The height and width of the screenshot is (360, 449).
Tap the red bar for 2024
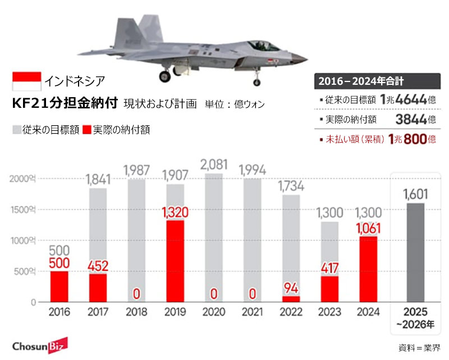[368, 270]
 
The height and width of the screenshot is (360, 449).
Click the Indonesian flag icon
[26, 81]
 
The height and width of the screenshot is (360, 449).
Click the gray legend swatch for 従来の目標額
[16, 130]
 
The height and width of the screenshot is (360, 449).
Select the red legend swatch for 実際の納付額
[86, 130]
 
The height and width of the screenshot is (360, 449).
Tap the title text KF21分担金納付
[64, 104]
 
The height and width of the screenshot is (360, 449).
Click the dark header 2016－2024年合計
[376, 81]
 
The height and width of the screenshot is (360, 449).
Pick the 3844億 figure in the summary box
[415, 119]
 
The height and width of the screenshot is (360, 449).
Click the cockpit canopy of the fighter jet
[264, 44]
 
